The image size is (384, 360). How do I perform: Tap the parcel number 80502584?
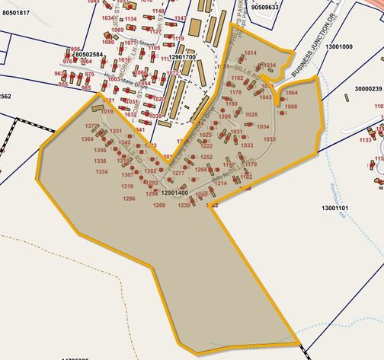(88, 55)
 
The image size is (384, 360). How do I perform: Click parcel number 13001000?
(338, 46)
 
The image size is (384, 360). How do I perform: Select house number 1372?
(92, 125)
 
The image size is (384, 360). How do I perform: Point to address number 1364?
(87, 140)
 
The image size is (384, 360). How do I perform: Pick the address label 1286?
(129, 199)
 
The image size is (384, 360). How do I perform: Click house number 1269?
(158, 205)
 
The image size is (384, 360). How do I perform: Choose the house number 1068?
(290, 107)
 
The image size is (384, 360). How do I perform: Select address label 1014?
(250, 52)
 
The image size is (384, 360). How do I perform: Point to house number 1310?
(127, 186)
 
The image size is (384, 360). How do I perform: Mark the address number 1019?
(107, 112)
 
